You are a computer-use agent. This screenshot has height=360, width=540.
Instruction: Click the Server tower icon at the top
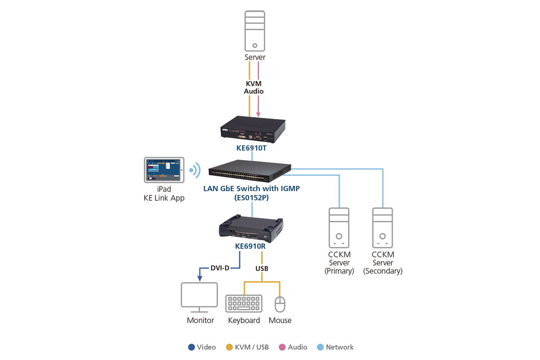coord(255,31)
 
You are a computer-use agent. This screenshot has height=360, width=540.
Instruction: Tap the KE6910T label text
coord(251,148)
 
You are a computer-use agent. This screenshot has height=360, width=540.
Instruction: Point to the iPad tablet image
coord(164,170)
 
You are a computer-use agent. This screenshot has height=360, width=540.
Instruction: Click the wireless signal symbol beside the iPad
coord(195,170)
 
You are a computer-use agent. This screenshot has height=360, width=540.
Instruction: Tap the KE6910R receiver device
coord(251,228)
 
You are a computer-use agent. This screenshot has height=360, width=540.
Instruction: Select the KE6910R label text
coord(250,246)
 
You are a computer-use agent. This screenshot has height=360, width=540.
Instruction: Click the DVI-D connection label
coord(220,268)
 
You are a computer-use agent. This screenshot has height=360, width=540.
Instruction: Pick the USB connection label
coord(262,269)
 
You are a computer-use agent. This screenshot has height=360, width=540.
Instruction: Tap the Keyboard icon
coord(244,304)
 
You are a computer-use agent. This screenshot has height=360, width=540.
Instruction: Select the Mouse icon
coord(280,304)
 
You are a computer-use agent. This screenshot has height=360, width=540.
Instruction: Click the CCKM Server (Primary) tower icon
coord(339,228)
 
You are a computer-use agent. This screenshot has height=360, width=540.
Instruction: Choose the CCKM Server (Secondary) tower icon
coord(383,228)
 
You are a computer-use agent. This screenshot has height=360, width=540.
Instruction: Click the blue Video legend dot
coord(191,347)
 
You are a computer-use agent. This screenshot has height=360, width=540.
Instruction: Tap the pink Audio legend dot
coord(282,347)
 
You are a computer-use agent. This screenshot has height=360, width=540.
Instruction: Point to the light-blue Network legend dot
coord(320,347)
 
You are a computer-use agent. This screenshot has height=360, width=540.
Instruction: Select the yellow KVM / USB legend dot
coord(229,347)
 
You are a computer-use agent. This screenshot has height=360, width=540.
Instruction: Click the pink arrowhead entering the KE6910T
coord(258,114)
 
